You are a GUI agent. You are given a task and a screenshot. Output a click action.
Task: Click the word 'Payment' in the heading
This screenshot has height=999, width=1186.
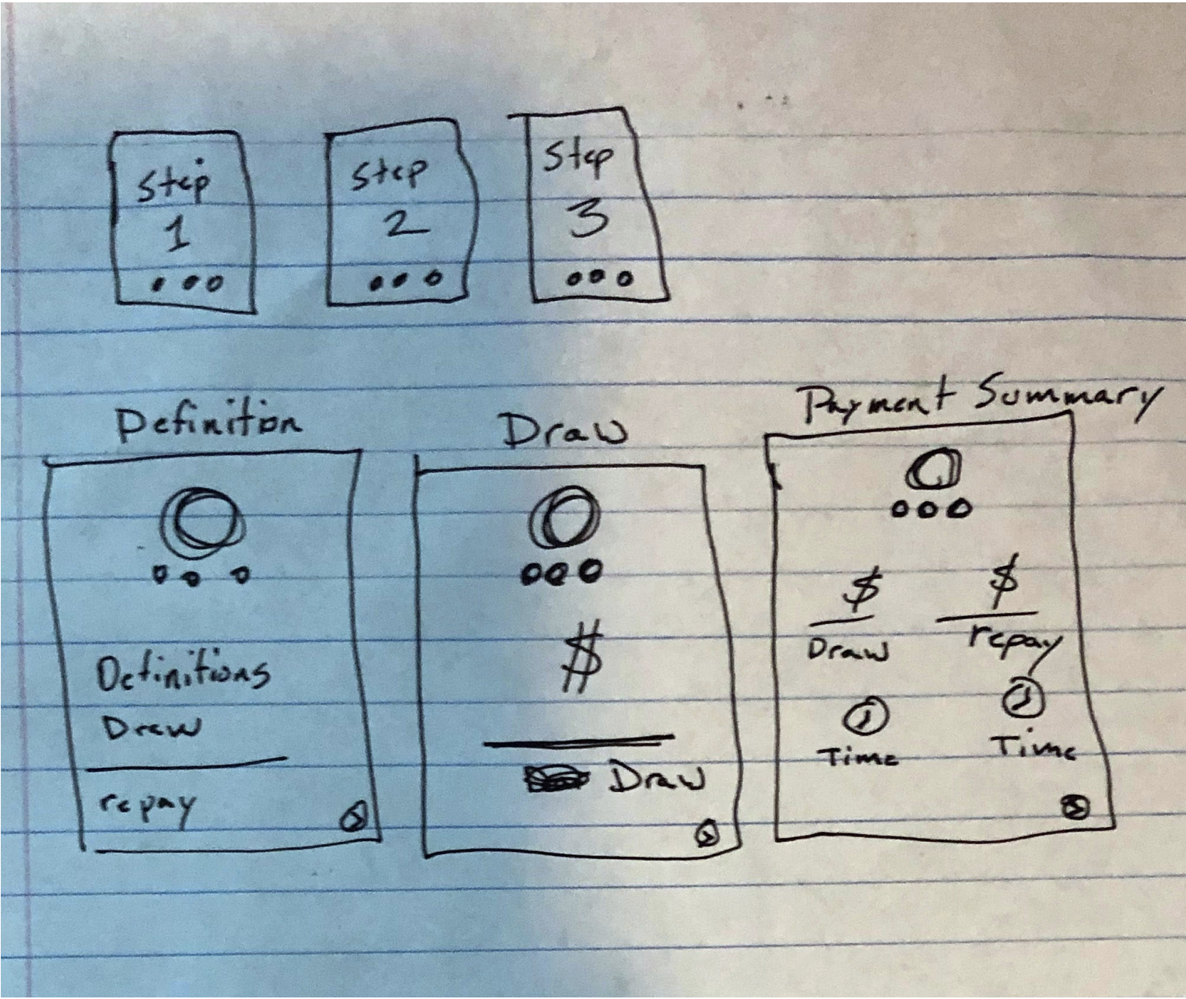pyautogui.click(x=879, y=402)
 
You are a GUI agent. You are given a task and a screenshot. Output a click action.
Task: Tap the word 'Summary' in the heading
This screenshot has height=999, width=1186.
pyautogui.click(x=1065, y=398)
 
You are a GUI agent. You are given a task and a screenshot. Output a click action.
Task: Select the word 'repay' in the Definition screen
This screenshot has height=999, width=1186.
pyautogui.click(x=146, y=805)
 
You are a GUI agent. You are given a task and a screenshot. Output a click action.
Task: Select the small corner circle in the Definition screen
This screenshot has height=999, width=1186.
pyautogui.click(x=353, y=818)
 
